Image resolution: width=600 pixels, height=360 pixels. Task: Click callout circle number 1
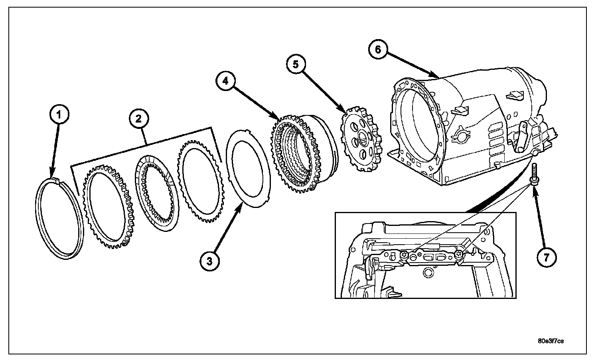pyautogui.click(x=59, y=115)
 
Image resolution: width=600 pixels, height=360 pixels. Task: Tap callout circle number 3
pyautogui.click(x=210, y=261)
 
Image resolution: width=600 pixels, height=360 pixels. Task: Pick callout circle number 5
pyautogui.click(x=296, y=65)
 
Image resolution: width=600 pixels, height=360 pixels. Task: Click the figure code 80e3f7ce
pyautogui.click(x=551, y=341)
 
